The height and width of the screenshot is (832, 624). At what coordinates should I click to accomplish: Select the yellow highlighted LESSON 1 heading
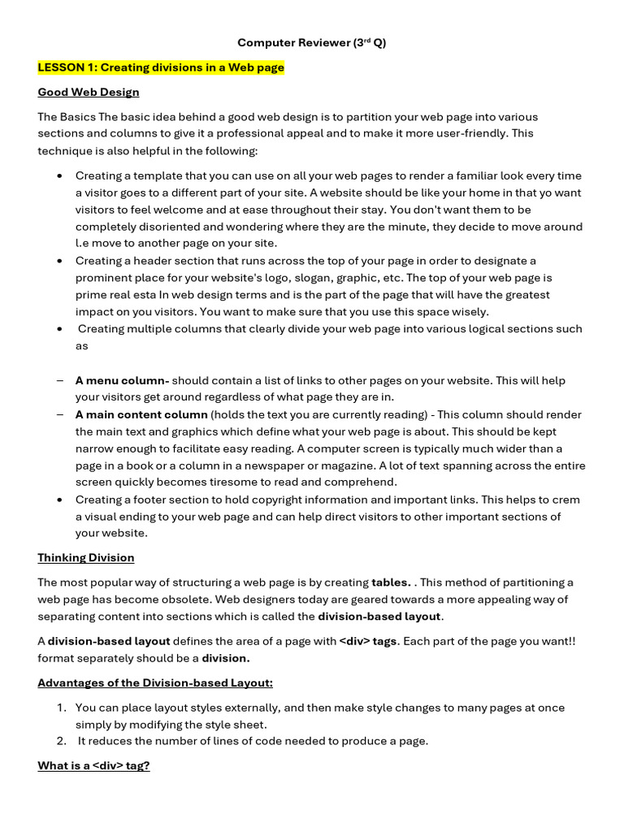click(x=161, y=67)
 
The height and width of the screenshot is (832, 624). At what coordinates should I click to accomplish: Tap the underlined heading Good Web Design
click(x=89, y=92)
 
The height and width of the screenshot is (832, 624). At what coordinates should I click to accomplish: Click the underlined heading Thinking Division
click(x=86, y=557)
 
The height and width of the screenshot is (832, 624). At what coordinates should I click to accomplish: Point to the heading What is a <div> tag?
click(x=93, y=765)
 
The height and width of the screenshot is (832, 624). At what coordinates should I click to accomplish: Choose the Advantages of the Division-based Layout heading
click(x=155, y=682)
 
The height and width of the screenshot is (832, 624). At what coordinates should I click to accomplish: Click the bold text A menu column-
click(x=122, y=380)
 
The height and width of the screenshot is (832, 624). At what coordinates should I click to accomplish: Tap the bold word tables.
click(x=391, y=582)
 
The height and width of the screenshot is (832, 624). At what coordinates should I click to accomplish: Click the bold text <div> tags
click(x=368, y=640)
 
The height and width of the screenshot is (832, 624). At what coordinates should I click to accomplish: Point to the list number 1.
click(x=62, y=708)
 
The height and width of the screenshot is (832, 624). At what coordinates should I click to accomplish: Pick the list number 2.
click(x=62, y=740)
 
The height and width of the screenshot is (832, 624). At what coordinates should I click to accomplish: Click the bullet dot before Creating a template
click(x=60, y=176)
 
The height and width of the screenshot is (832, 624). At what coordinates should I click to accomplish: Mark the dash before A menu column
click(x=60, y=380)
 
